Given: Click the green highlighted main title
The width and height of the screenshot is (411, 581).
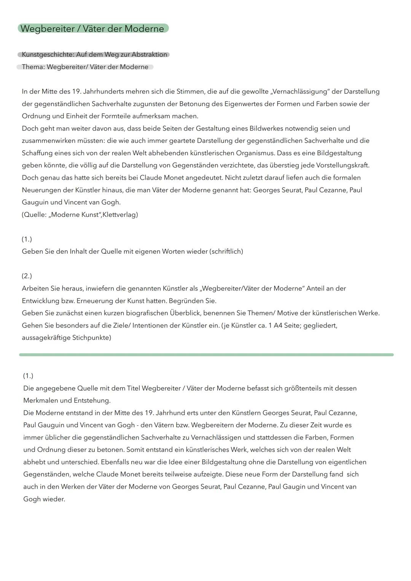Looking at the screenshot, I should click(92, 29).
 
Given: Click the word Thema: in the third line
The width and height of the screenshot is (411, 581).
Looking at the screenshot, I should click(33, 67).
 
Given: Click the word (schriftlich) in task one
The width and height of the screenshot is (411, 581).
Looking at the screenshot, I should click(226, 252).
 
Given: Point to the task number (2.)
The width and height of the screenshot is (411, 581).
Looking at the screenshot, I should click(27, 276).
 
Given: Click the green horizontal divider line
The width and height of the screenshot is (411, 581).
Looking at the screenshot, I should click(206, 355).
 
